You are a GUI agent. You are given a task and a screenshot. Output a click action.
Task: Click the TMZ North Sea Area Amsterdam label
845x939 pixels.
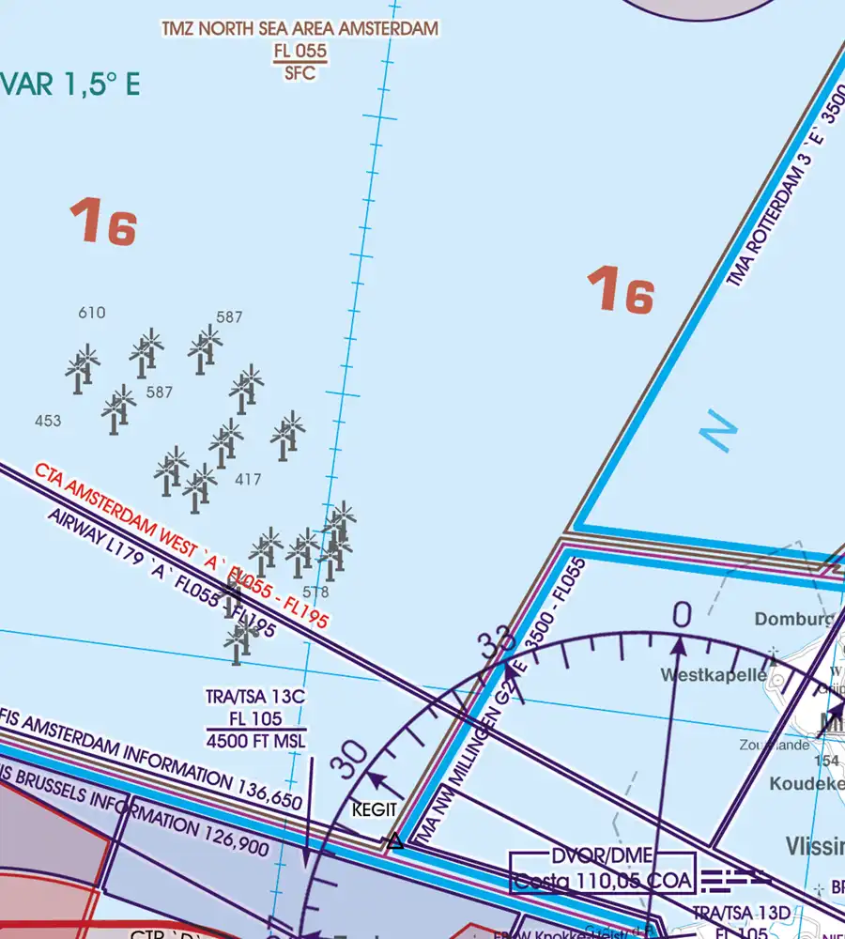click(300, 29)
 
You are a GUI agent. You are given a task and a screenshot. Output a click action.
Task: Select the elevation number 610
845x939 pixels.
click(92, 314)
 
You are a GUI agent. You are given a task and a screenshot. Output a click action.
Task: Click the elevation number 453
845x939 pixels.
click(47, 422)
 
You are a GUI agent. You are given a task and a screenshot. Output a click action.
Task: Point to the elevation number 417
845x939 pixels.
click(248, 480)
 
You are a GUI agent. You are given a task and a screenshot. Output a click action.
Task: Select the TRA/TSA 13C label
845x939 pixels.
click(255, 698)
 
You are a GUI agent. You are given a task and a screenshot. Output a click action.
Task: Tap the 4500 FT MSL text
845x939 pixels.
click(255, 742)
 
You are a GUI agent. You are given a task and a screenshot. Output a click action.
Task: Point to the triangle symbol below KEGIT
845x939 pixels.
click(396, 840)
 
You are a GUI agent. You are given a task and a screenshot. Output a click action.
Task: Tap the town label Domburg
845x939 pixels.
click(793, 620)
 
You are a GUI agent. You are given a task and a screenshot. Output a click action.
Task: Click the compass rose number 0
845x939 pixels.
click(682, 615)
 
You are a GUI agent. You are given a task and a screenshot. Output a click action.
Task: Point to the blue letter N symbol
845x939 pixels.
click(719, 433)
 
